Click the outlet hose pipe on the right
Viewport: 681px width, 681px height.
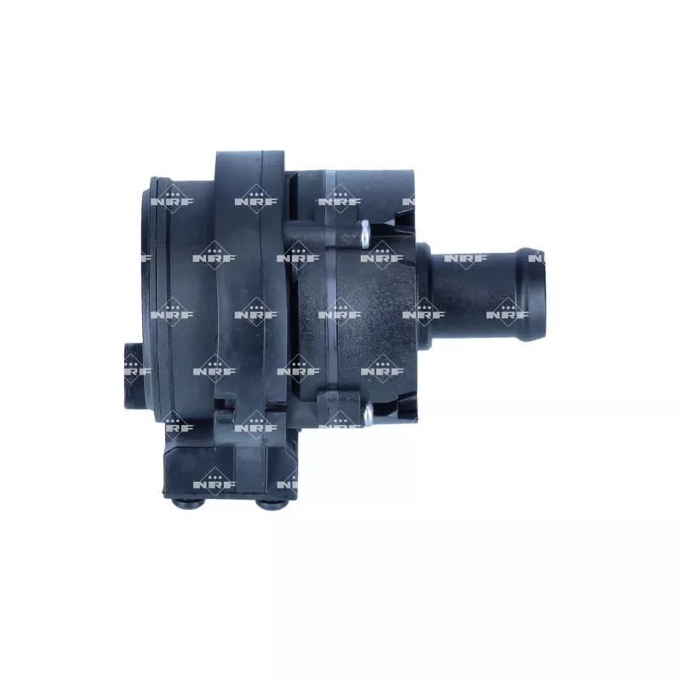[x=482, y=292]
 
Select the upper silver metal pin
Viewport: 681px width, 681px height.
[x=364, y=235]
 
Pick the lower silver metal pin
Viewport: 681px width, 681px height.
[x=368, y=415]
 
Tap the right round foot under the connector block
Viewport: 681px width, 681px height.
[x=270, y=503]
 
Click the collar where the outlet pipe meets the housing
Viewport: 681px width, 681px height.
[x=424, y=292]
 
